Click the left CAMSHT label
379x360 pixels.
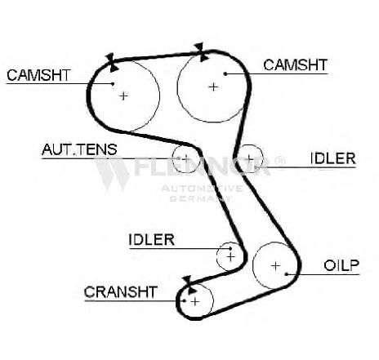[x=38, y=75]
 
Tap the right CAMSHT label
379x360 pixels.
[x=295, y=65]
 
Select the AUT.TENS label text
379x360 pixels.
[x=79, y=149]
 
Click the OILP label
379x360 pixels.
[x=341, y=265]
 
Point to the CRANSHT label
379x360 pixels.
[x=121, y=292]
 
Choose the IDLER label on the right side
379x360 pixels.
[x=333, y=158]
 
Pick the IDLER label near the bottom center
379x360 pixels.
[x=151, y=239]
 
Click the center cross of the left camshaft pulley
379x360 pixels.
[x=123, y=96]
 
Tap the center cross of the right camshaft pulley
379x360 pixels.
[x=213, y=87]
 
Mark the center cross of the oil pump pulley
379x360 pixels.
[x=276, y=266]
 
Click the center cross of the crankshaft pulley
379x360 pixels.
[x=195, y=301]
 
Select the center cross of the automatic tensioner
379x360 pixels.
[x=185, y=158]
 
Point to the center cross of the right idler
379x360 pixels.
[x=249, y=158]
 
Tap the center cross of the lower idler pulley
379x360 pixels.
[x=231, y=256]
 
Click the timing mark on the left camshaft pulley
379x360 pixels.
[x=112, y=63]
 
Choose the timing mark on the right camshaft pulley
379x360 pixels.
[x=202, y=52]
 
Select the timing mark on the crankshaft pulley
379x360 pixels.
[x=189, y=285]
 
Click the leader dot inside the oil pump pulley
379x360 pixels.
[x=287, y=274]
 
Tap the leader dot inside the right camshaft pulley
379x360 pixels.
[x=225, y=73]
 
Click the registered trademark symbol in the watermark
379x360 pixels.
[x=279, y=161]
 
